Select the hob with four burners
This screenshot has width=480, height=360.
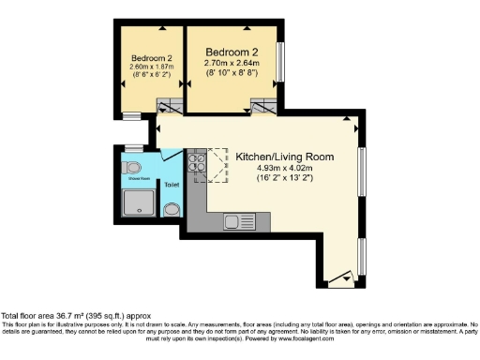pyautogui.click(x=198, y=164)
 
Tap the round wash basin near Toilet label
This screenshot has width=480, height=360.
pyautogui.click(x=172, y=210)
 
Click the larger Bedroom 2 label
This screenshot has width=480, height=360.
pyautogui.click(x=232, y=52)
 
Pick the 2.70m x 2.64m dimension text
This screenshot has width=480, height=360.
pyautogui.click(x=232, y=64)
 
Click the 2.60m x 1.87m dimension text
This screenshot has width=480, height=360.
pyautogui.click(x=150, y=67)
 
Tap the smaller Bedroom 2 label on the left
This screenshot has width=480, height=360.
pyautogui.click(x=150, y=57)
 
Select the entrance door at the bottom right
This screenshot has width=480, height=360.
pyautogui.click(x=346, y=277)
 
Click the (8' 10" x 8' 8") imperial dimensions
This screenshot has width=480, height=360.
pyautogui.click(x=232, y=74)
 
